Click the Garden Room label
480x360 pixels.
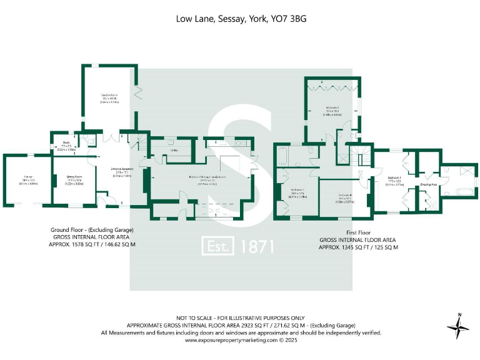110,96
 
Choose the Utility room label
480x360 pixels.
176,150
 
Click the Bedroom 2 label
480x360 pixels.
331,107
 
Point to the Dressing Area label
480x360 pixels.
428,184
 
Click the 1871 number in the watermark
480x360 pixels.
257,246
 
